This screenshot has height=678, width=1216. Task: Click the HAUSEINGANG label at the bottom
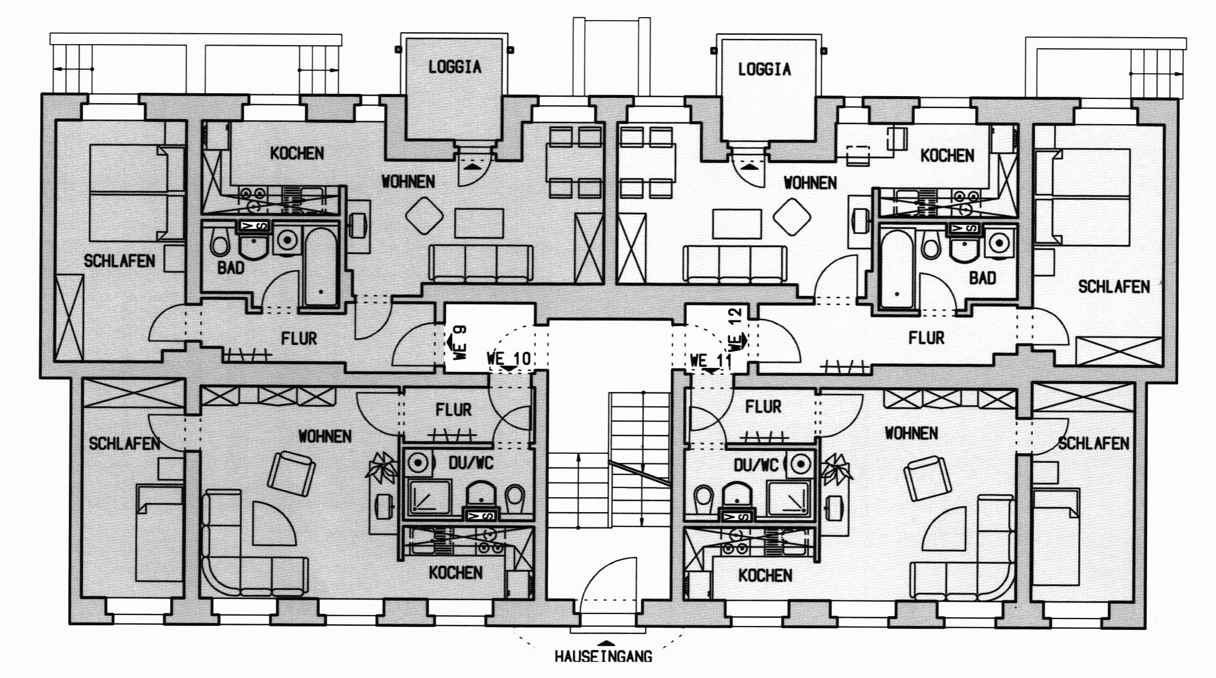point(603,656)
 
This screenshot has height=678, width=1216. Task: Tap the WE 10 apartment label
point(509,359)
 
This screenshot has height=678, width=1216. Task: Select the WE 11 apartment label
point(711,360)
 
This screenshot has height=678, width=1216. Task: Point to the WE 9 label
point(460,342)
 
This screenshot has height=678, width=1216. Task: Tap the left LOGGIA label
point(455,67)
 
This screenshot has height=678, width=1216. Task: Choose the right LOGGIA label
point(765,69)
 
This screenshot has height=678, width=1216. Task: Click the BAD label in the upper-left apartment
point(231,267)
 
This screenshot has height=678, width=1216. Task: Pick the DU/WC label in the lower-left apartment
point(471,462)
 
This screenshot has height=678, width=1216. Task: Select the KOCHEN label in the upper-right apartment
point(947,155)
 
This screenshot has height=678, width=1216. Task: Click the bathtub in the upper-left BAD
point(321,266)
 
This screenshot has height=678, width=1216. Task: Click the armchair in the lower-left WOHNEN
point(291,474)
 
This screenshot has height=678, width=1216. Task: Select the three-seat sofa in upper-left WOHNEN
point(481,264)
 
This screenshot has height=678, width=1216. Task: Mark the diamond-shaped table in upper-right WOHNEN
point(792,216)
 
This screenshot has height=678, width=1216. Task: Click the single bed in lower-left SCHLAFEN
point(159,532)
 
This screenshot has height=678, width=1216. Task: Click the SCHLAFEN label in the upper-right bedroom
point(1114,287)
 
